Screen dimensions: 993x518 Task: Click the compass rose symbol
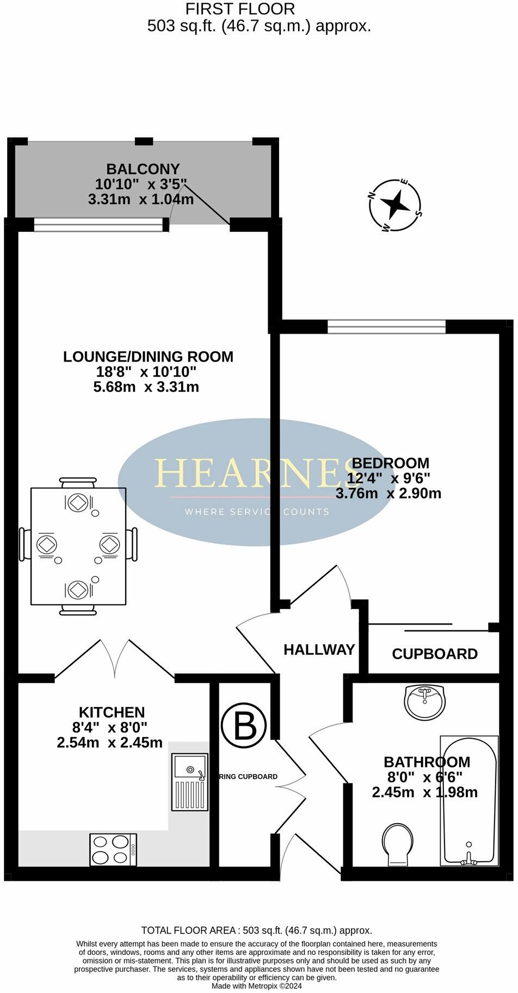[x=395, y=205]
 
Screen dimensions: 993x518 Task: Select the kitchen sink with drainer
[x=189, y=782]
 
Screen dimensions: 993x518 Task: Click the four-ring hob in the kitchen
[x=113, y=849]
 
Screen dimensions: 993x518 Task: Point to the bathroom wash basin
[x=425, y=701]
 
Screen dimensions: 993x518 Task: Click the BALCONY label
[x=143, y=169]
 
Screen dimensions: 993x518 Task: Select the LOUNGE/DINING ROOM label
[x=148, y=357]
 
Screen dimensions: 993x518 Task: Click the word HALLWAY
[x=319, y=649]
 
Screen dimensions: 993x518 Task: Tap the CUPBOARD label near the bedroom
[x=434, y=654]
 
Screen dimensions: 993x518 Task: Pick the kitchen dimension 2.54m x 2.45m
[x=109, y=742]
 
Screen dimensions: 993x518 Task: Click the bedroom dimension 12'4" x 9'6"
[x=388, y=479]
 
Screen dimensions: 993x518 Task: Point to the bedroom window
[x=386, y=327]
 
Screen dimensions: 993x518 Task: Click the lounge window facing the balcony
[x=98, y=224]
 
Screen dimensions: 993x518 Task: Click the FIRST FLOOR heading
[x=240, y=9]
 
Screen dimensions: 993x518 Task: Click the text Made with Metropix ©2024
[x=256, y=985]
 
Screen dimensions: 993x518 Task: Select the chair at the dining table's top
[x=79, y=483]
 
